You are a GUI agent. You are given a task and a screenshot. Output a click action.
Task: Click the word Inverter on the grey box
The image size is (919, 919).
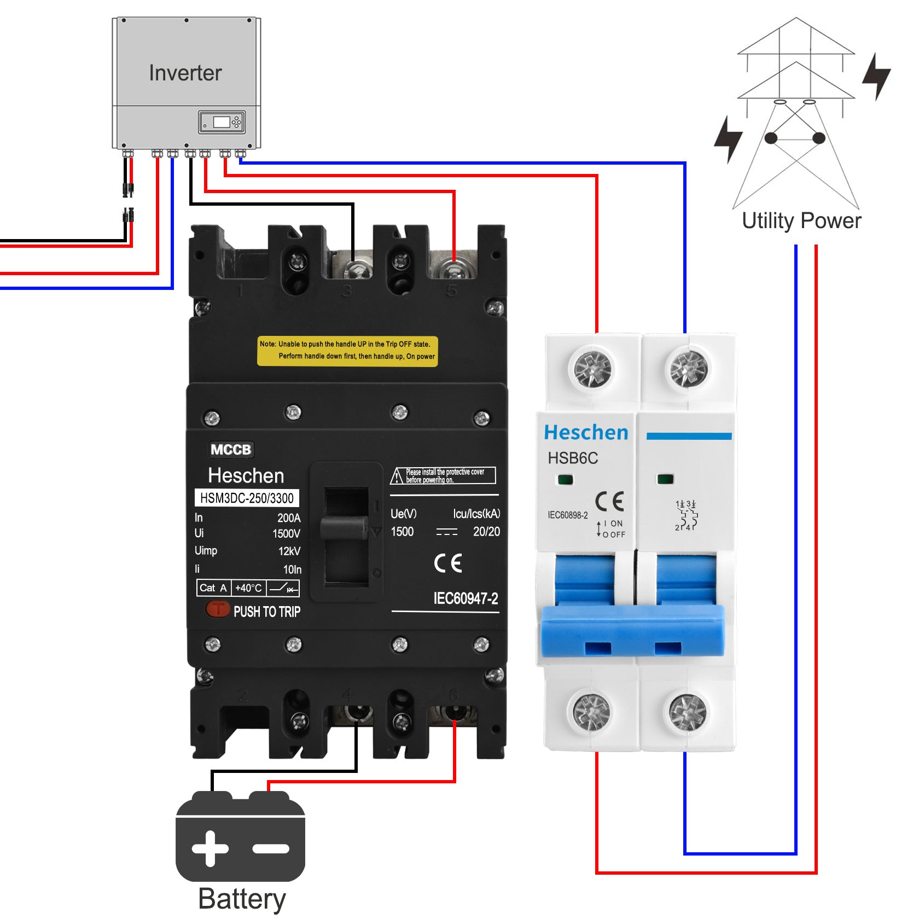[185, 73]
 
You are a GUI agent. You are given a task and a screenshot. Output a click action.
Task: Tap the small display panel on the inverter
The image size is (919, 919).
[222, 122]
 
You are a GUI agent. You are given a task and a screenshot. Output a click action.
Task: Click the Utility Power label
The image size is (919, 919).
[801, 221]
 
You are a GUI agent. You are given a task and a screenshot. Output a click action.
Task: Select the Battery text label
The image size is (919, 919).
[242, 898]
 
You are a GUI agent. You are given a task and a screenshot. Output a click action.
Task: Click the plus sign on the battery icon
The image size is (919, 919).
[210, 848]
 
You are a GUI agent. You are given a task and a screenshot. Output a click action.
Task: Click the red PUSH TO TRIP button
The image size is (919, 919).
[217, 609]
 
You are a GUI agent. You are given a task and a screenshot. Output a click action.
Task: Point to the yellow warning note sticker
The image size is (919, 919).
[347, 351]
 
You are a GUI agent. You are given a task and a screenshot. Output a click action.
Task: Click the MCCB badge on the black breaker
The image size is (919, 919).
[231, 450]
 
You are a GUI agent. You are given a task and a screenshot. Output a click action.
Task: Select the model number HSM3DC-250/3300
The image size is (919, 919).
[247, 498]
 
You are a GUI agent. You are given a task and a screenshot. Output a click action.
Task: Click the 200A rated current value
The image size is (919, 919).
[289, 518]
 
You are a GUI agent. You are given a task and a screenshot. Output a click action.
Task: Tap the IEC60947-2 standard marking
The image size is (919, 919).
[466, 598]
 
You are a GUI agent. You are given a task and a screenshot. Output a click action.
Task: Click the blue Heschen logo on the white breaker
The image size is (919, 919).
[586, 433]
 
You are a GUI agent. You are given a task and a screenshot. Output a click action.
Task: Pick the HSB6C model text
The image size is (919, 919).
[573, 458]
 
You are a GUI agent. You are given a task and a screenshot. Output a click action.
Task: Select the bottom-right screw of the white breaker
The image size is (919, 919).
[688, 712]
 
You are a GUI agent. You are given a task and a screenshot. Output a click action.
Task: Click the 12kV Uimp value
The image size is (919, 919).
[289, 551]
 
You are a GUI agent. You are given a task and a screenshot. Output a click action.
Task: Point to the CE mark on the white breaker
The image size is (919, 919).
[609, 501]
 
